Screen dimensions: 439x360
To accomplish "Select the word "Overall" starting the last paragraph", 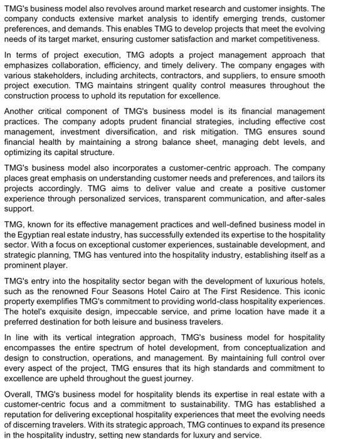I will [x=19, y=394].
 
